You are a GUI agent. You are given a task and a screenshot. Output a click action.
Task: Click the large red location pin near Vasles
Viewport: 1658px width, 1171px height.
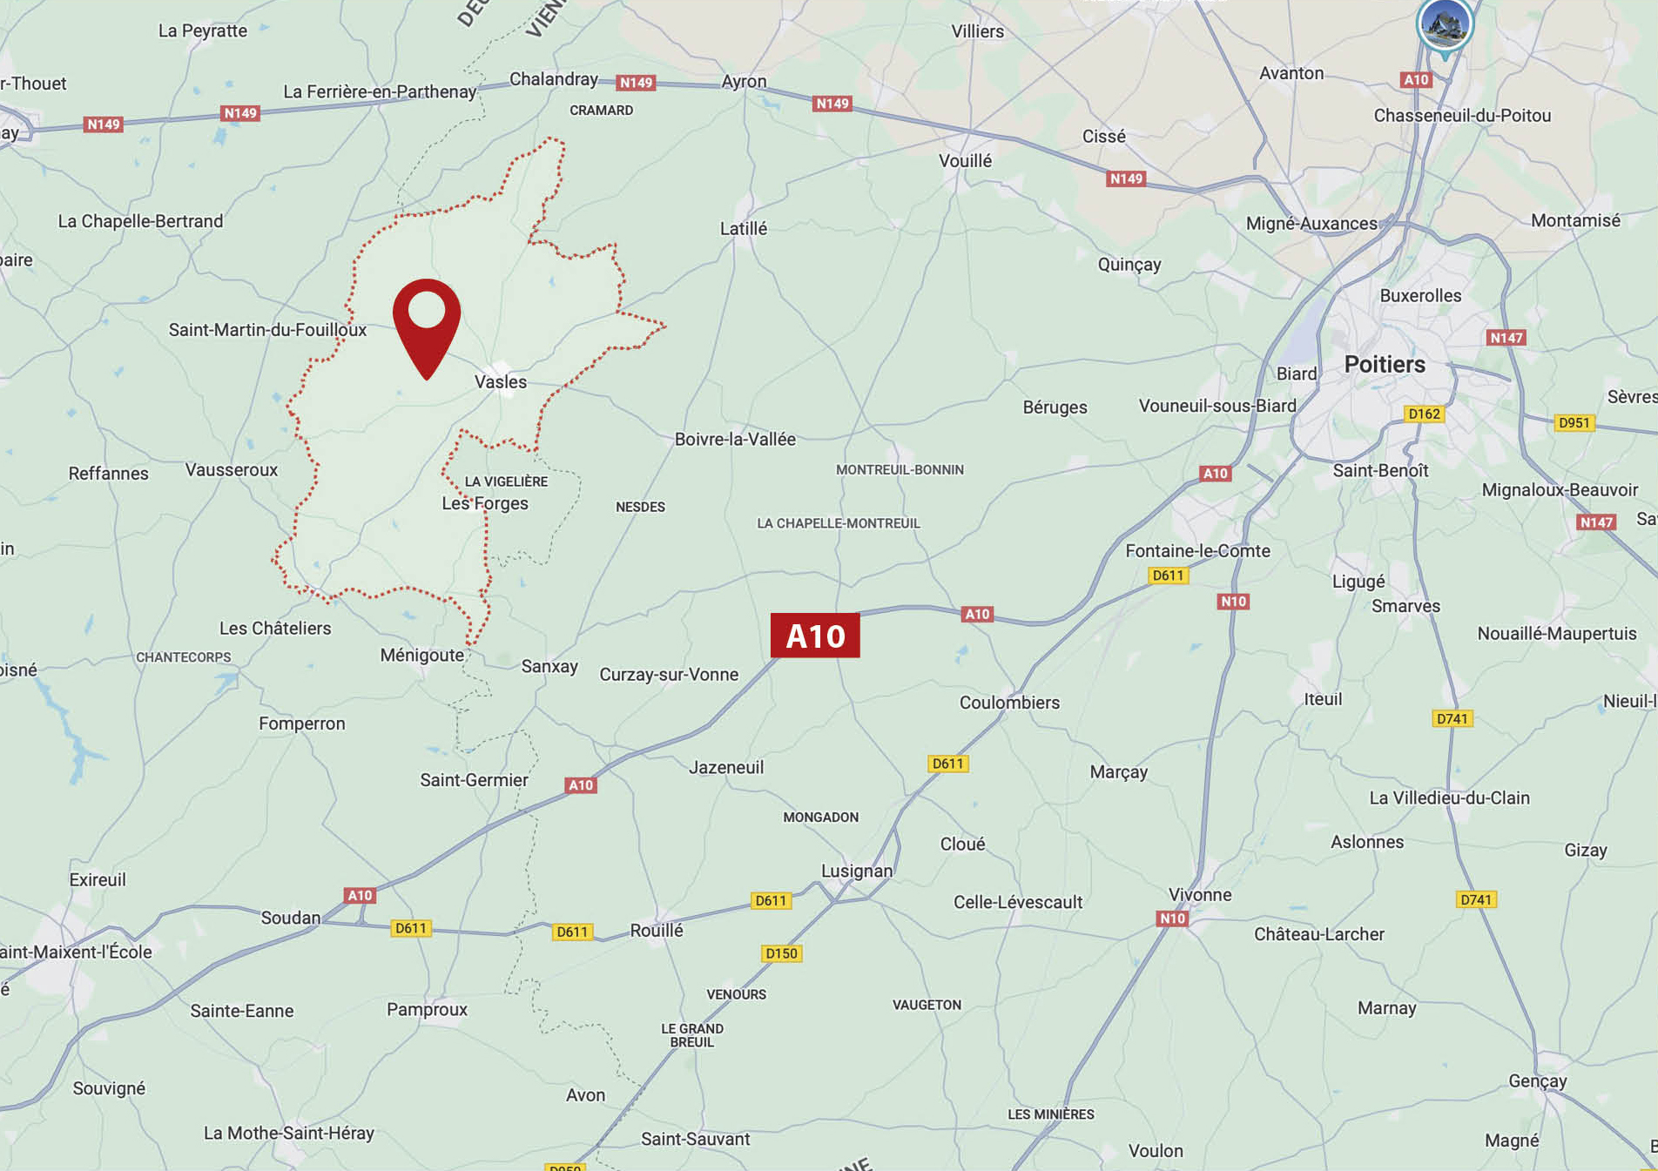pyautogui.click(x=427, y=322)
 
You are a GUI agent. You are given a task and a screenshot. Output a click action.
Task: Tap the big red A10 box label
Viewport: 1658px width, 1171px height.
pyautogui.click(x=815, y=636)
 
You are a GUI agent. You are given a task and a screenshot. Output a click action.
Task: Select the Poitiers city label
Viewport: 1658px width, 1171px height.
pyautogui.click(x=1385, y=364)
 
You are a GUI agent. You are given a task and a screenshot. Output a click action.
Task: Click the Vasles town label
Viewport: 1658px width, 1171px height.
pyautogui.click(x=501, y=381)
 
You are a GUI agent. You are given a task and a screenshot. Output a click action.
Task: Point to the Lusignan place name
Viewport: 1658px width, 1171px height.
pyautogui.click(x=857, y=871)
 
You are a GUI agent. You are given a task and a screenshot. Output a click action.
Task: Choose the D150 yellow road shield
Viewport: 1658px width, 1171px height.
pyautogui.click(x=781, y=953)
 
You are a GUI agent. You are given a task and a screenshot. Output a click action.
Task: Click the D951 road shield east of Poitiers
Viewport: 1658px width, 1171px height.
pyautogui.click(x=1574, y=423)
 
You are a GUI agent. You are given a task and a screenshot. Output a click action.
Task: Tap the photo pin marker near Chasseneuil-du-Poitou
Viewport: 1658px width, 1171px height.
pyautogui.click(x=1445, y=24)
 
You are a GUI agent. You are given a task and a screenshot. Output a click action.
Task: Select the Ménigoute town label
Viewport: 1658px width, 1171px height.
pyautogui.click(x=422, y=656)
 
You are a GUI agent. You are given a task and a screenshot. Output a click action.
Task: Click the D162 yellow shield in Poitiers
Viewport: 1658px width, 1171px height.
pyautogui.click(x=1424, y=414)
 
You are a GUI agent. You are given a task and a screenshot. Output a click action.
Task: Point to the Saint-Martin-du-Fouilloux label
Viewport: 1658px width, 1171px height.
pyautogui.click(x=268, y=330)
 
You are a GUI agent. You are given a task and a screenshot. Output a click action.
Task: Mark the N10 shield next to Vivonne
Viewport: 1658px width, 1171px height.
pyautogui.click(x=1172, y=919)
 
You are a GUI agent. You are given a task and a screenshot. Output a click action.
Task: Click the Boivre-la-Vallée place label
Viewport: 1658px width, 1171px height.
pyautogui.click(x=735, y=440)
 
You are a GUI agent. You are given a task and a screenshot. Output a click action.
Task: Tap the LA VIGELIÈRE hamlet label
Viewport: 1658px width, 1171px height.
pyautogui.click(x=506, y=481)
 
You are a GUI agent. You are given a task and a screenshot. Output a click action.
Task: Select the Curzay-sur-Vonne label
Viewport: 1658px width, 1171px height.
pyautogui.click(x=669, y=675)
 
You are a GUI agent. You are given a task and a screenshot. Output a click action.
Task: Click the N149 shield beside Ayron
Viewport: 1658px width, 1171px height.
pyautogui.click(x=636, y=83)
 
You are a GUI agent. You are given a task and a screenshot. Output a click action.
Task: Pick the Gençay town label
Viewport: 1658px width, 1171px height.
pyautogui.click(x=1538, y=1080)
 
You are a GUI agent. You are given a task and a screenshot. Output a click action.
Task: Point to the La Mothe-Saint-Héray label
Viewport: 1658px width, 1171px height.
pyautogui.click(x=289, y=1133)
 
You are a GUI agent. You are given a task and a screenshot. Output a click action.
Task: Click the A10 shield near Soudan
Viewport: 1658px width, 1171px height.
pyautogui.click(x=360, y=895)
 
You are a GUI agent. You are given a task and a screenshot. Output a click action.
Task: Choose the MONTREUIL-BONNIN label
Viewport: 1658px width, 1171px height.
pyautogui.click(x=900, y=470)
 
